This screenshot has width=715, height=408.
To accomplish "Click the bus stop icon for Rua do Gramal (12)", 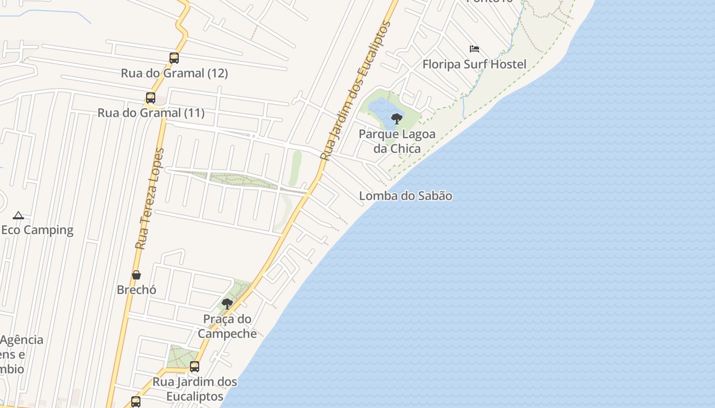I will coord(174,58).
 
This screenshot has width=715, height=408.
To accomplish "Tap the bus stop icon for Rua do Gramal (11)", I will coord(151,98).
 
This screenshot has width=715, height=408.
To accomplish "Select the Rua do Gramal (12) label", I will coord(174,73).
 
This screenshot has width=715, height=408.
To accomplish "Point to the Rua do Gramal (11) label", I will coord(151,113).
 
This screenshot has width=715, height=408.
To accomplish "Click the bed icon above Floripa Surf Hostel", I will coord(474,49).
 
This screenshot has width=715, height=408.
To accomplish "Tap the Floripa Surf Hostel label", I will coord(474,64).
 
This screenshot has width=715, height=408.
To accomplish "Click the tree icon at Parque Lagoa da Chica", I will coord(397,119).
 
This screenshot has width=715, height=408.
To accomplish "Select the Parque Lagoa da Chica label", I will coord(397,141).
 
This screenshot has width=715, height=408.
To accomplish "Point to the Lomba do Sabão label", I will coord(406,196).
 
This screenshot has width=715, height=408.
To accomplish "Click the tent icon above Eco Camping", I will coord(18,215).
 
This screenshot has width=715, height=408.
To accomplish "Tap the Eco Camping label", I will coord(37,230).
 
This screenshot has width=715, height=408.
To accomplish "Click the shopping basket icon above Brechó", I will coord(136,275).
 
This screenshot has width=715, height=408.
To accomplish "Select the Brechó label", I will coord(136,290).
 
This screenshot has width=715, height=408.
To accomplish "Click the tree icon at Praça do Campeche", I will coord(227,304).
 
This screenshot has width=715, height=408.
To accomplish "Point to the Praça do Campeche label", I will coord(227,326).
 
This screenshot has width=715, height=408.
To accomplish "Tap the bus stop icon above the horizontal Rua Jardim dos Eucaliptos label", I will coord(195,367).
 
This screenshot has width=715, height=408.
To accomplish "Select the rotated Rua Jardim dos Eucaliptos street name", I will coord(355,92).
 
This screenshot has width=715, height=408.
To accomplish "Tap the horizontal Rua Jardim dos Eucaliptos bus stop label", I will coord(195,389).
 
